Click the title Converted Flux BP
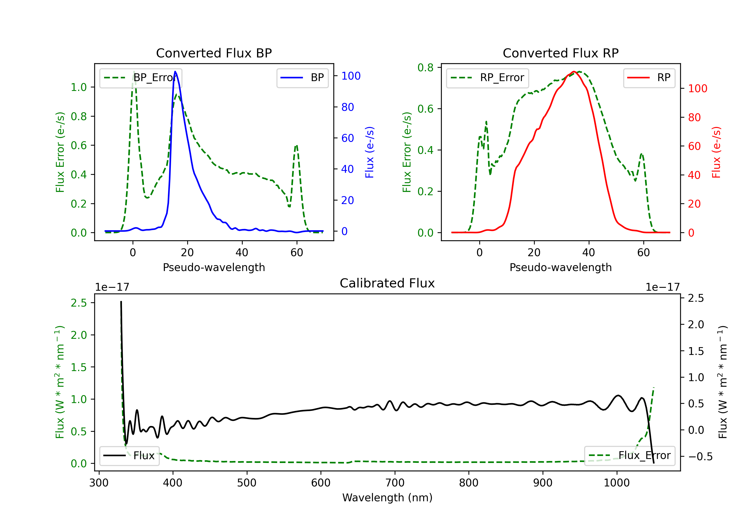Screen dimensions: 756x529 [x=214, y=53]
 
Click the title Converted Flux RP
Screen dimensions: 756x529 [x=560, y=53]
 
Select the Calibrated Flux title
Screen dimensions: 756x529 [x=387, y=283]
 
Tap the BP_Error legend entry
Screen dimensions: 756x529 [x=141, y=78]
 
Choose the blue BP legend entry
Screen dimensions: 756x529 [x=302, y=78]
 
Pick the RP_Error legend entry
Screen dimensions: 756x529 [x=487, y=78]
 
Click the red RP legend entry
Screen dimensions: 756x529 [x=649, y=78]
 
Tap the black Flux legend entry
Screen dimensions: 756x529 [x=129, y=456]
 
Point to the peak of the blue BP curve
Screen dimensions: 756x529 [x=175, y=72]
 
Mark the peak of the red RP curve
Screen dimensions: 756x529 [x=574, y=72]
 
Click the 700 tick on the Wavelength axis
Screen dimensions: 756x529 [x=395, y=483]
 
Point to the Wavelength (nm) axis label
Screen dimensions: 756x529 [x=387, y=498]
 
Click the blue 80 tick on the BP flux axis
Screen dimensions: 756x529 [x=348, y=107]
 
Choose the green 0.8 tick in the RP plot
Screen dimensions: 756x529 [x=425, y=68]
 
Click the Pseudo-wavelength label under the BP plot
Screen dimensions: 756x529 [x=214, y=267]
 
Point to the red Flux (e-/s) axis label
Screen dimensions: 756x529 [x=716, y=152]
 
